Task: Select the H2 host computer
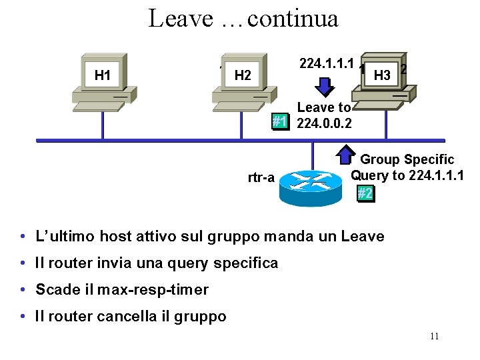[x=243, y=75]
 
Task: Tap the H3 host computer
[x=383, y=75]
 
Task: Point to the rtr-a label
[x=261, y=178]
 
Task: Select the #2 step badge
[x=365, y=193]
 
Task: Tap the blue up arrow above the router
[x=345, y=155]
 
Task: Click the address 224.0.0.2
[x=325, y=123]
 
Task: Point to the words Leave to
[x=323, y=107]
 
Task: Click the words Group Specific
[x=407, y=159]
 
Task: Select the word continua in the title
[x=293, y=18]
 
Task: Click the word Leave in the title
[x=179, y=18]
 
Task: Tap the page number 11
[x=434, y=336]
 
